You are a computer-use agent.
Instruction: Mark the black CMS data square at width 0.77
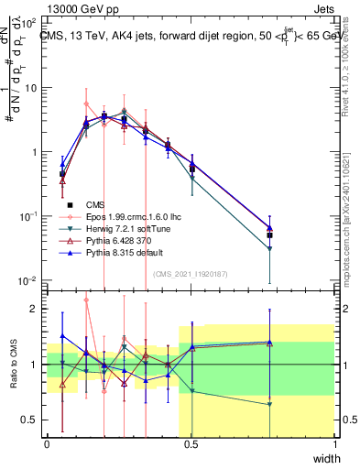[x=269, y=235]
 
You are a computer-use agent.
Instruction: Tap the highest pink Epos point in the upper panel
[x=86, y=104]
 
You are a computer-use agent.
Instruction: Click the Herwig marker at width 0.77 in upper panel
[x=269, y=249]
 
